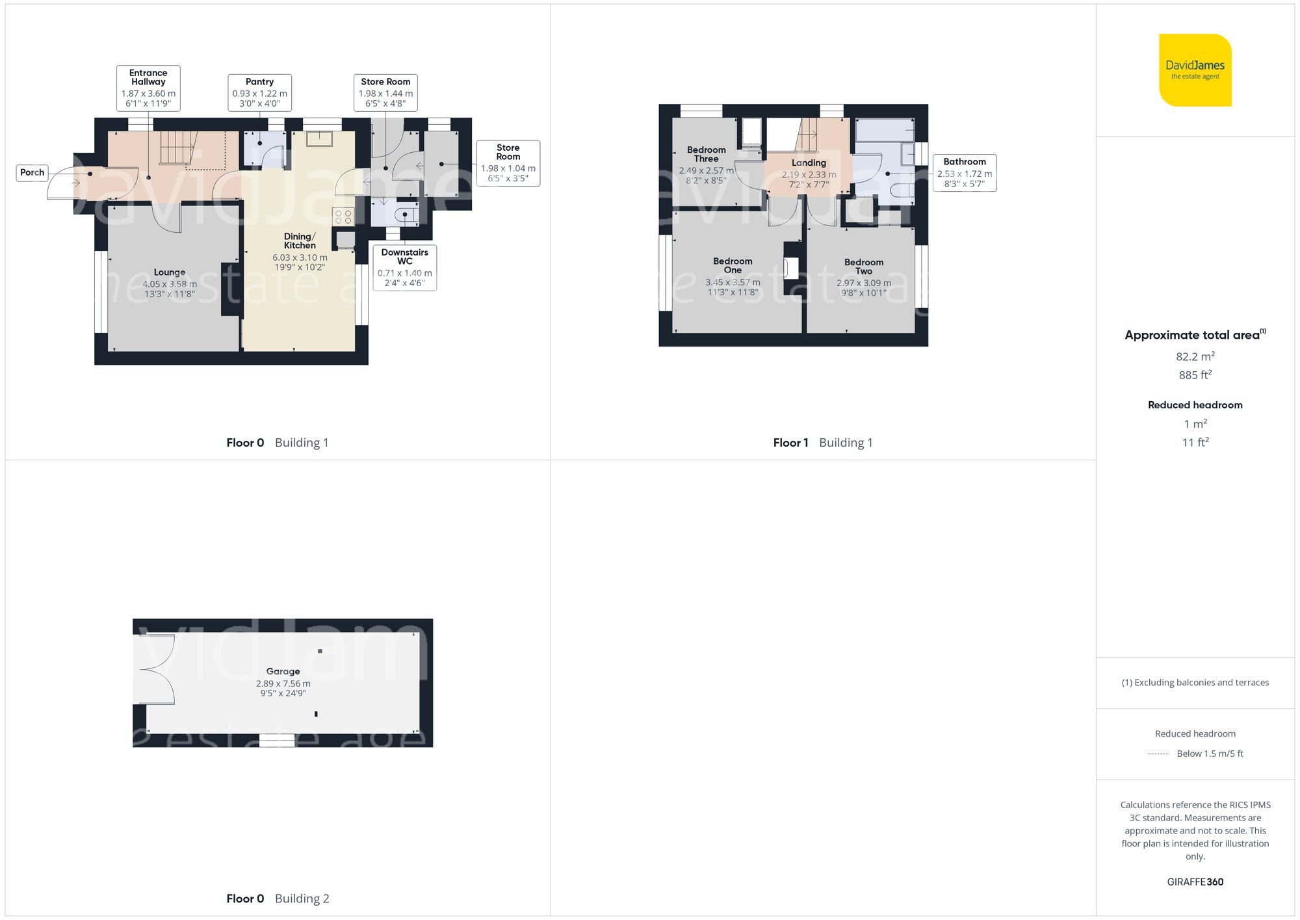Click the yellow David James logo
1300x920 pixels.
[1195, 70]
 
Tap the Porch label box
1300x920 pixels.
[32, 172]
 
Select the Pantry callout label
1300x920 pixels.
[259, 92]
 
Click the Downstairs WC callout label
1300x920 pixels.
[404, 267]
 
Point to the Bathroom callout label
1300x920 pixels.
[964, 172]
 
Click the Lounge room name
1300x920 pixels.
[170, 272]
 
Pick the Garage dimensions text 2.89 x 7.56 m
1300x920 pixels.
[283, 683]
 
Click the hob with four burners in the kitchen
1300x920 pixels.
[343, 217]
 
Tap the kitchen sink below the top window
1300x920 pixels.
[319, 138]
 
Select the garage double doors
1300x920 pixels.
[155, 670]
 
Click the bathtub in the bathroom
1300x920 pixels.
[884, 130]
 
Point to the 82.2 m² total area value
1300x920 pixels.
[1195, 356]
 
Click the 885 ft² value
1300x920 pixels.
[1195, 375]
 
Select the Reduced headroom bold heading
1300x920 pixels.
[1195, 405]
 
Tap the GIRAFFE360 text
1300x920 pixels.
[1195, 882]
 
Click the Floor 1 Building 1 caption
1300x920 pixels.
[822, 443]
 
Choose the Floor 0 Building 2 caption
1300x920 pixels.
[278, 899]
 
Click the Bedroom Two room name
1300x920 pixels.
[863, 267]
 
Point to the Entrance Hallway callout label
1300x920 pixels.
[148, 88]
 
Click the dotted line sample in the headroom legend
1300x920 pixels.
[1158, 754]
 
